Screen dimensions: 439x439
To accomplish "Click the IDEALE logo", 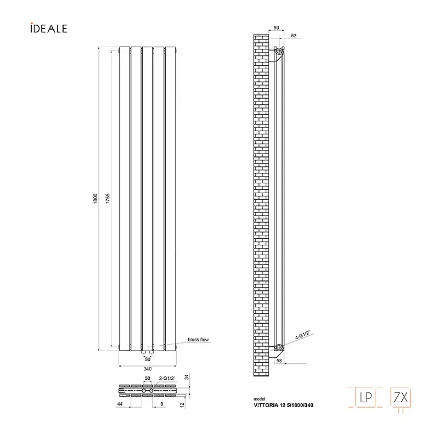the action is click(49, 29).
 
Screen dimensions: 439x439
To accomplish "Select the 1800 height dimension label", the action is click(95, 199).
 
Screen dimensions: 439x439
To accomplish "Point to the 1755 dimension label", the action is click(108, 199).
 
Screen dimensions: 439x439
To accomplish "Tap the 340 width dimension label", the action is click(148, 369).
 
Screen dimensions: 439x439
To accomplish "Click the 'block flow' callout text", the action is click(198, 340).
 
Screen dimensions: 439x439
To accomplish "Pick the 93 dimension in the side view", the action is click(277, 28).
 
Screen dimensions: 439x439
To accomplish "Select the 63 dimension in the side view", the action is click(294, 36).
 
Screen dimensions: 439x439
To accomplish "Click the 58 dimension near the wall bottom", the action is click(279, 361).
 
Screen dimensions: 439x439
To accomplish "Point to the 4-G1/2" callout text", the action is click(303, 335).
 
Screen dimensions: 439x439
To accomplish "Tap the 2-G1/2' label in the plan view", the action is click(167, 379).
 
